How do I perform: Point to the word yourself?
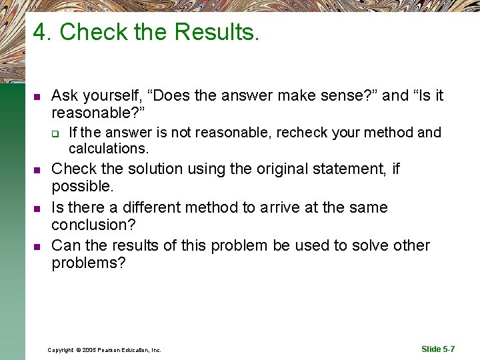(111, 95)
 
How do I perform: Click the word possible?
(81, 187)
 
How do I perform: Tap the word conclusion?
(87, 225)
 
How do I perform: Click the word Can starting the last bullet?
(65, 245)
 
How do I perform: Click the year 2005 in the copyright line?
(90, 349)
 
